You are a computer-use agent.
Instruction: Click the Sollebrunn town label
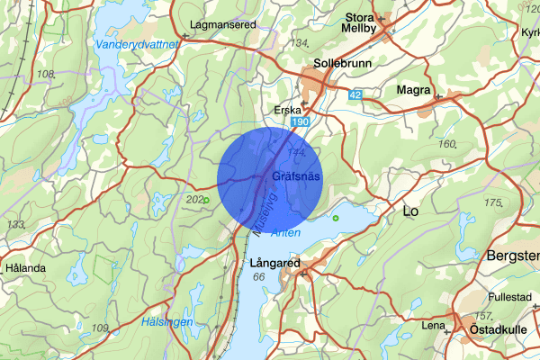click(337, 65)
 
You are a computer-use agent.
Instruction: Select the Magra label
click(413, 91)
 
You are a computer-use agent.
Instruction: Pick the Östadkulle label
click(491, 331)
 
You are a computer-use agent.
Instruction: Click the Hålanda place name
click(24, 268)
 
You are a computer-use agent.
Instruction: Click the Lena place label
click(433, 325)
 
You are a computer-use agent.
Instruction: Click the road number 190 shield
click(301, 121)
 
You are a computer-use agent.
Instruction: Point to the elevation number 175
click(492, 203)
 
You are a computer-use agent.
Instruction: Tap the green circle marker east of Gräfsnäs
click(336, 218)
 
